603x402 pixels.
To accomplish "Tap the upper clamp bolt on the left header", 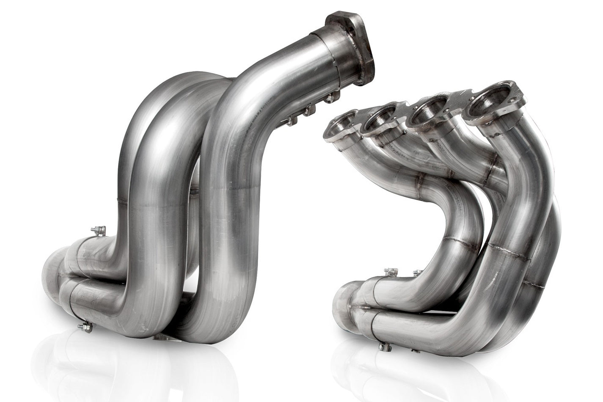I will [x=99, y=231].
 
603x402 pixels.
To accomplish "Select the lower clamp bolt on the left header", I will [x=86, y=327].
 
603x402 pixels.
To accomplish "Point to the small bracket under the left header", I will [x=162, y=336].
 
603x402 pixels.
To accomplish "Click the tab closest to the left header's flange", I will [x=330, y=98].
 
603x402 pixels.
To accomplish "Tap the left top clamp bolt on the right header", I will [x=391, y=271].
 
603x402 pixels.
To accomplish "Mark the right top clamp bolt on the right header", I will [x=418, y=273].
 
